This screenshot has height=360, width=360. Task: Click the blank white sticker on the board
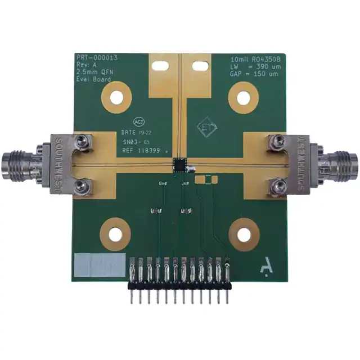click(x=100, y=264)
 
